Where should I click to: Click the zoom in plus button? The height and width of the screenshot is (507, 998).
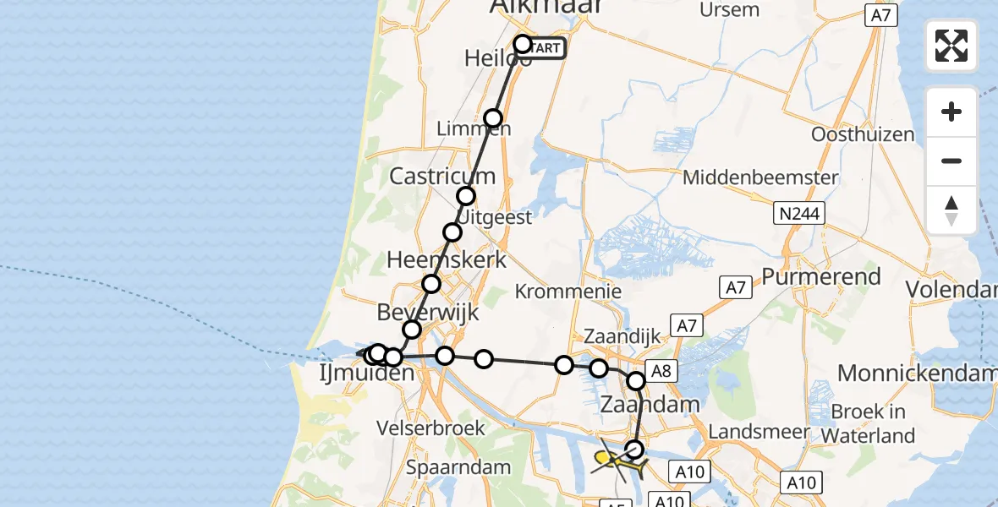coord(951,112)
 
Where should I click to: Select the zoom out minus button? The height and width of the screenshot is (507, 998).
coord(951,161)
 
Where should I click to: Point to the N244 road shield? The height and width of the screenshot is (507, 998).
coord(798,214)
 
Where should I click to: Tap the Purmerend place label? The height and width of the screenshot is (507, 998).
coord(821,276)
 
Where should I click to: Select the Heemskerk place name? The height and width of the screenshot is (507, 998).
coord(447,259)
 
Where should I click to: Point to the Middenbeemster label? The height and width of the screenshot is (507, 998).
coord(760,177)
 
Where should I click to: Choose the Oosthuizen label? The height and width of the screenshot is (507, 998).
coord(863,134)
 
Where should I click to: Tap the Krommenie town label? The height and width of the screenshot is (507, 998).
coord(569,292)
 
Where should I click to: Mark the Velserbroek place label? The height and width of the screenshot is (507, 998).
coord(433,428)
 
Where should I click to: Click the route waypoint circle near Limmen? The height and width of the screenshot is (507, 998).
coord(493,118)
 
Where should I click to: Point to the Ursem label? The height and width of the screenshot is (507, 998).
coord(730,9)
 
